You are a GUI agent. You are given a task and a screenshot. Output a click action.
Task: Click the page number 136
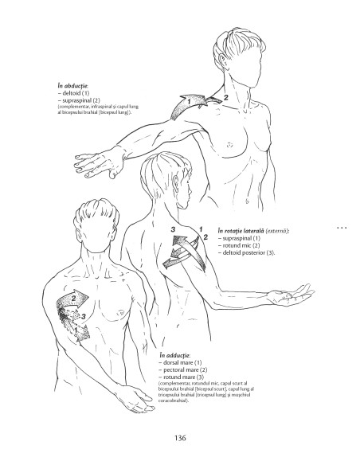[x=180, y=437]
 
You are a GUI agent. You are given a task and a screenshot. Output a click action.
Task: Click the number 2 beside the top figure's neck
[x=225, y=97]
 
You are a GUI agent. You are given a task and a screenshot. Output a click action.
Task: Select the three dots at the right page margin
[x=344, y=229]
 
